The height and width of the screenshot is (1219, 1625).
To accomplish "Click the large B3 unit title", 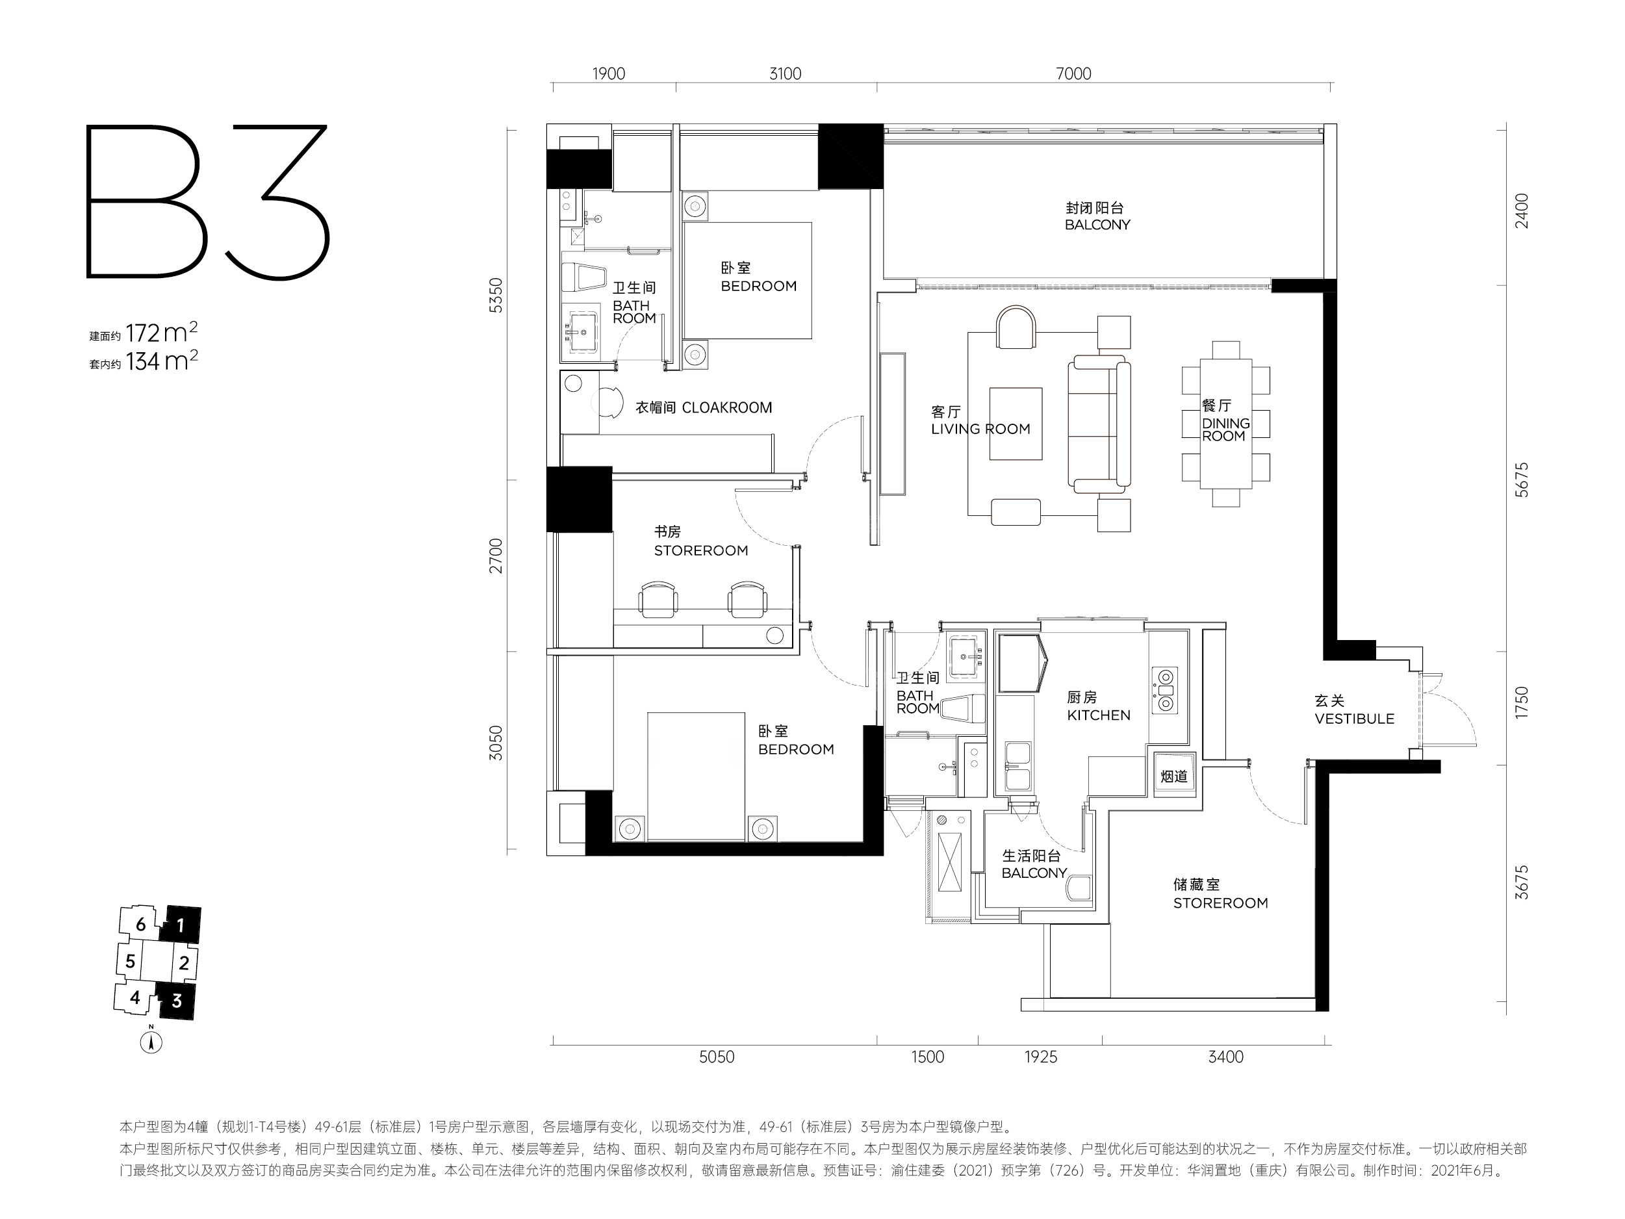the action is click(208, 201).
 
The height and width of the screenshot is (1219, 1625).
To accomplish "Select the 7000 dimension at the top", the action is click(1073, 73).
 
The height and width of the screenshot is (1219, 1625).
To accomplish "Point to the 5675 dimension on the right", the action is click(1522, 480).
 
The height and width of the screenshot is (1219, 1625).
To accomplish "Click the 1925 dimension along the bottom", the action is click(1041, 1057).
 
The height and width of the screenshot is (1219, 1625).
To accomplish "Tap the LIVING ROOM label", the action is click(980, 429).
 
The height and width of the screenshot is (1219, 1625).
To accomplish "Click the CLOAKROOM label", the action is click(726, 408).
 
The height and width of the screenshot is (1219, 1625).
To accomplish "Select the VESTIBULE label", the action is click(1355, 719).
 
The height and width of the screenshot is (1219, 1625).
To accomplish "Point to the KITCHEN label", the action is click(1099, 715).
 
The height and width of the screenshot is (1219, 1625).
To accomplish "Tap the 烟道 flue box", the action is click(1174, 776).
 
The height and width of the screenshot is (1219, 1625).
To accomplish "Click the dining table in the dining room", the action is click(1226, 424).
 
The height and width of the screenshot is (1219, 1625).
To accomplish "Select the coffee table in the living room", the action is click(1016, 424).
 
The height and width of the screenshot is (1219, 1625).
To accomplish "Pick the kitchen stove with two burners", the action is click(1164, 691).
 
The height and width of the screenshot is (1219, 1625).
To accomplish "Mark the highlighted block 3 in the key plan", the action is click(176, 1000).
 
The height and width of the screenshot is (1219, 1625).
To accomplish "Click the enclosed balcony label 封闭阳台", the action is click(1095, 208).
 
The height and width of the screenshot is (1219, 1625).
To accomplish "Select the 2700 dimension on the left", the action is click(496, 556).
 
